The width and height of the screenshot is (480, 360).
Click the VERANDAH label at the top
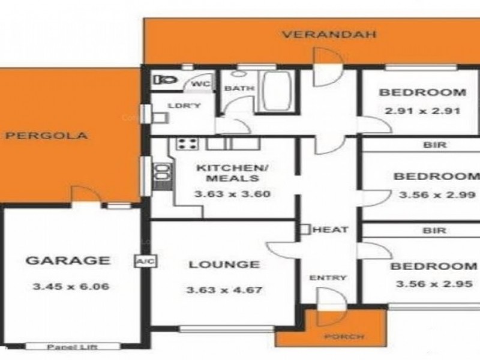[x=329, y=34]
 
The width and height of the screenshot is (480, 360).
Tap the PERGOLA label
[x=47, y=136]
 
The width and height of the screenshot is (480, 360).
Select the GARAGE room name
[x=68, y=260]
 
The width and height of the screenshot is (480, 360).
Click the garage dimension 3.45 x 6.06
[x=70, y=286]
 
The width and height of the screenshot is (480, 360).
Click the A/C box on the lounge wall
[x=142, y=262]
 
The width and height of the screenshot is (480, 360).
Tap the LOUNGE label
[x=224, y=264]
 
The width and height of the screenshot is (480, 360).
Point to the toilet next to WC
[x=163, y=79]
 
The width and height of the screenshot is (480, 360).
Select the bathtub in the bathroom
[x=276, y=91]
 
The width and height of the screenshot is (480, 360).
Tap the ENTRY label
[x=328, y=277]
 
